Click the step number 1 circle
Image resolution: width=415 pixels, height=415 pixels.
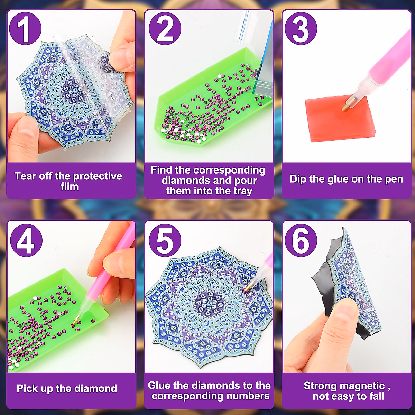(25, 28)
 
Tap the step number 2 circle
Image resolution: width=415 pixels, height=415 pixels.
(165, 28)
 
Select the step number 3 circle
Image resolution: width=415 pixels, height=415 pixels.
(301, 28)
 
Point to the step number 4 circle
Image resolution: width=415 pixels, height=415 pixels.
(26, 241)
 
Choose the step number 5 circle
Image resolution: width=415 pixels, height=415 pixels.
(165, 241)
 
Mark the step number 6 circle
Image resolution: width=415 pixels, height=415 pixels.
(301, 241)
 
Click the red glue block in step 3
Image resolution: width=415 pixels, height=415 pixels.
(332, 119)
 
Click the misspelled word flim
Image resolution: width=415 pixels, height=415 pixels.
(70, 187)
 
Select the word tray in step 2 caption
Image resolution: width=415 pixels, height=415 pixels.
(242, 191)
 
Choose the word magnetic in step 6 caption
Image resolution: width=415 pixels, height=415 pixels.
(364, 386)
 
